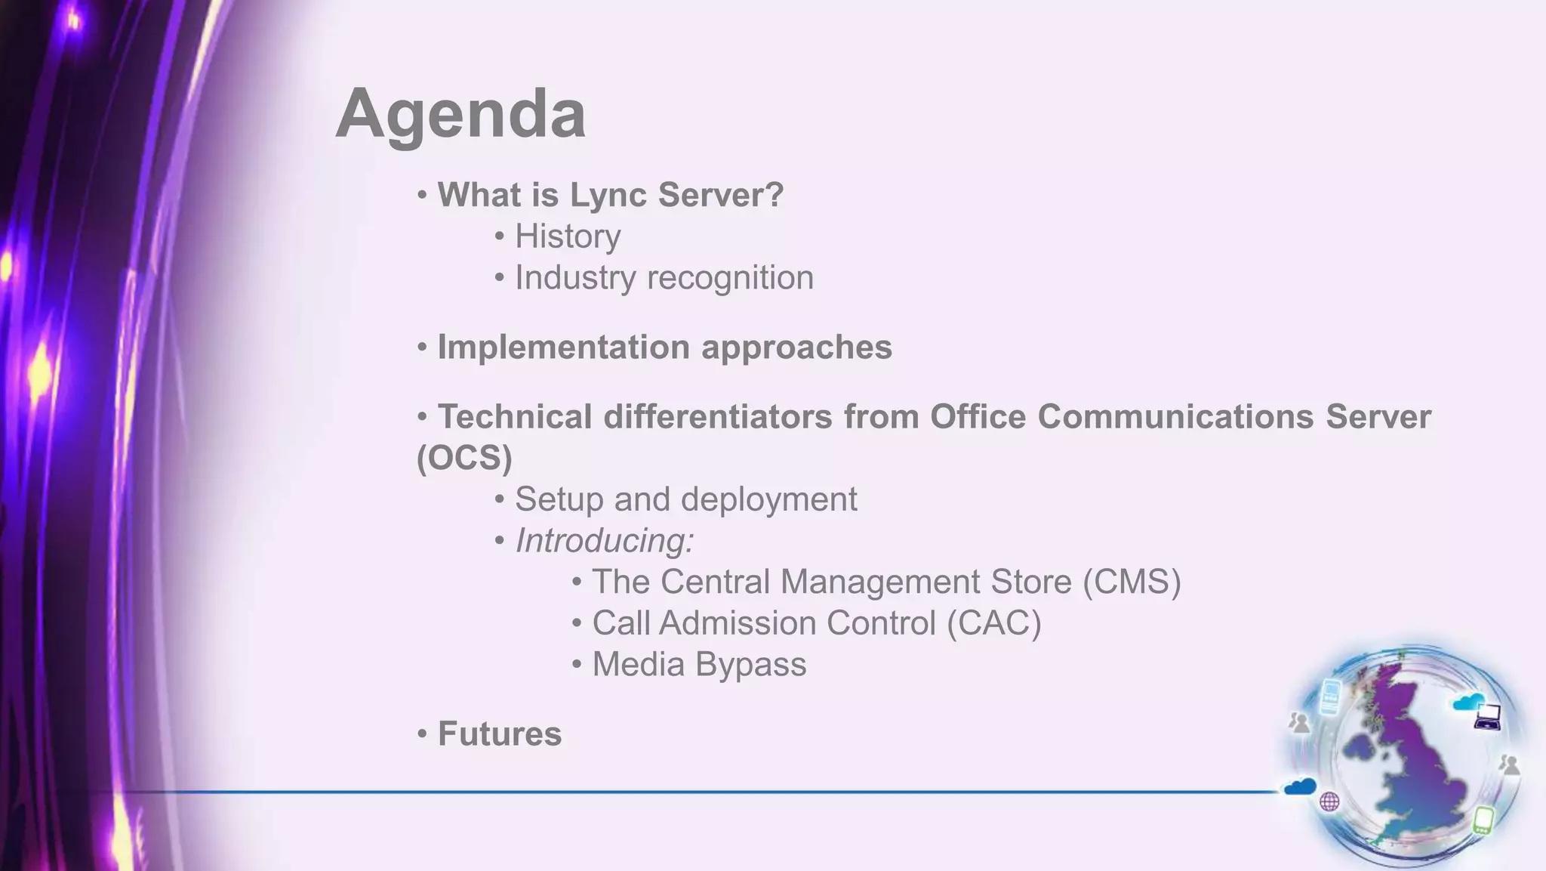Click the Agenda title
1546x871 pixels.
coord(460,114)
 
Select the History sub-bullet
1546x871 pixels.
coord(568,236)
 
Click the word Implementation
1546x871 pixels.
coord(563,347)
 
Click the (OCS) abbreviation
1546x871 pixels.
coord(464,458)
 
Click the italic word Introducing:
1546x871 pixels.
coord(604,541)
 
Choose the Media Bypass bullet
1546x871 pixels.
coord(698,665)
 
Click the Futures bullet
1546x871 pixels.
coord(499,734)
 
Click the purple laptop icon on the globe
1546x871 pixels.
coord(1487,715)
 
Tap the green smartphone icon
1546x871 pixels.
coord(1483,819)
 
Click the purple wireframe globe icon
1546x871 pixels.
coord(1329,802)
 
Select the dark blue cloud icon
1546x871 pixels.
coord(1300,786)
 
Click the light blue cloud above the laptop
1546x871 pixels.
coord(1467,702)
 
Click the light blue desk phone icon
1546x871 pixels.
coord(1331,696)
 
